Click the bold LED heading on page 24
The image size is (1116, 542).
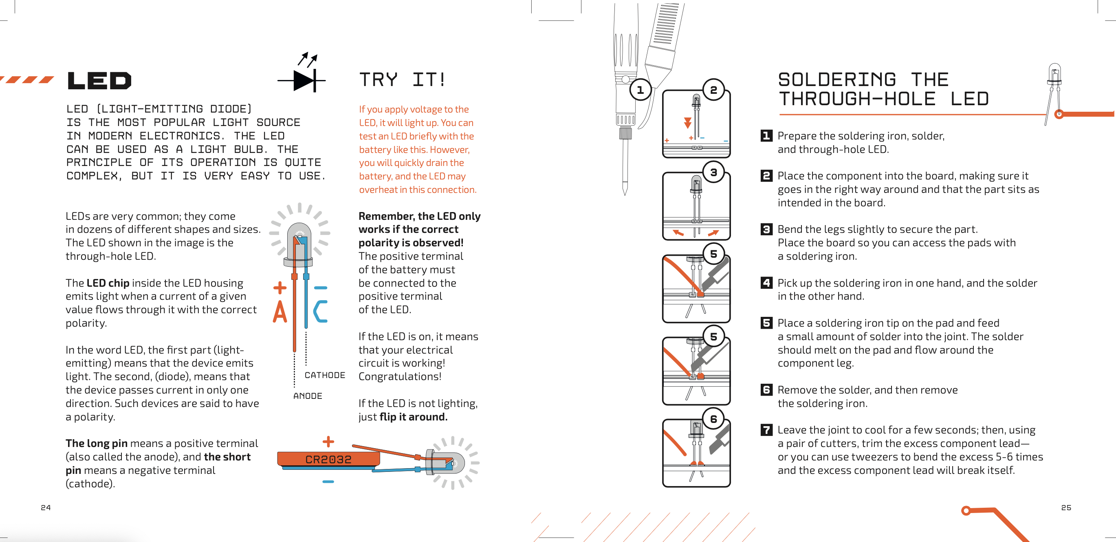[99, 81]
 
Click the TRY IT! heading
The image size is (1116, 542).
[402, 80]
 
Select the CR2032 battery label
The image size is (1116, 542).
[328, 460]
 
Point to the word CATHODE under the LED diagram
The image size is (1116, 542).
[324, 375]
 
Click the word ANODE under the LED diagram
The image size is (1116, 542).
[308, 396]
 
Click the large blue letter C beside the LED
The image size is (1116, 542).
[321, 311]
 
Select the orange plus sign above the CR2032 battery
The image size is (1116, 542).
[328, 441]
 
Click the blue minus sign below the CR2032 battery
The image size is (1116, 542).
[328, 481]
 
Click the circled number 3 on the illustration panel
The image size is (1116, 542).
[713, 173]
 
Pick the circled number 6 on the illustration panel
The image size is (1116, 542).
[713, 419]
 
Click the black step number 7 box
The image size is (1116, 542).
[766, 430]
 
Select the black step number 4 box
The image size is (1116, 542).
[766, 283]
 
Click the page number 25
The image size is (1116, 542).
[1066, 507]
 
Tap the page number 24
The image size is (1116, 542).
[46, 507]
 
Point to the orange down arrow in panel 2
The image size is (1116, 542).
[687, 122]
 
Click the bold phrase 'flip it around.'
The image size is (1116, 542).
[413, 417]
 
